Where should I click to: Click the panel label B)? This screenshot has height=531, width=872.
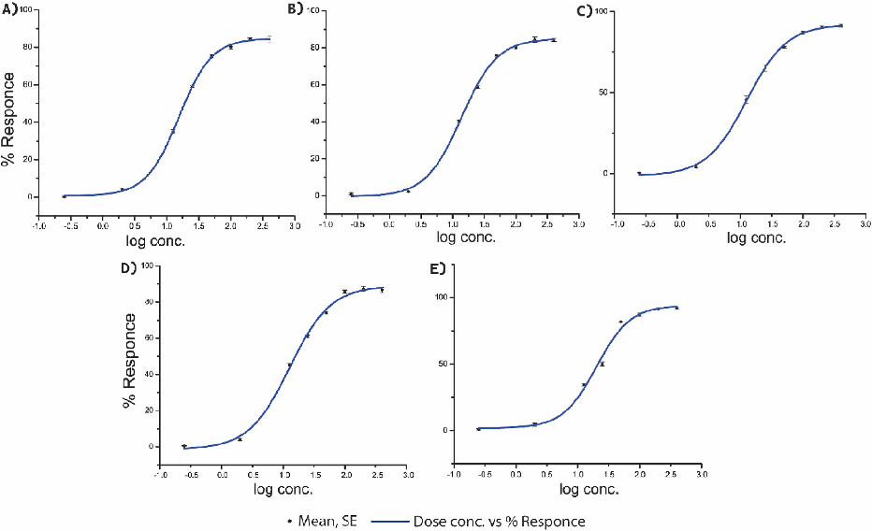(x=296, y=9)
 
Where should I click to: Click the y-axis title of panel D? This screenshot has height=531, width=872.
(x=129, y=359)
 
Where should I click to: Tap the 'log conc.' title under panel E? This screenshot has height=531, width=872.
(x=590, y=489)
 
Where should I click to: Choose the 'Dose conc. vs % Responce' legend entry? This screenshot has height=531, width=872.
(x=496, y=521)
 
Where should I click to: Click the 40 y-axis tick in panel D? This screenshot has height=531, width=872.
(x=148, y=374)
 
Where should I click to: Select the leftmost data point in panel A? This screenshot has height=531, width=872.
(x=64, y=196)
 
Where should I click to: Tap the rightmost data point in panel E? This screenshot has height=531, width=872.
(x=676, y=308)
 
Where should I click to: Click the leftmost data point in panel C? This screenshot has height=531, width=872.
(x=639, y=173)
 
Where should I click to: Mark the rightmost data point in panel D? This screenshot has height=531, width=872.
(x=382, y=290)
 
